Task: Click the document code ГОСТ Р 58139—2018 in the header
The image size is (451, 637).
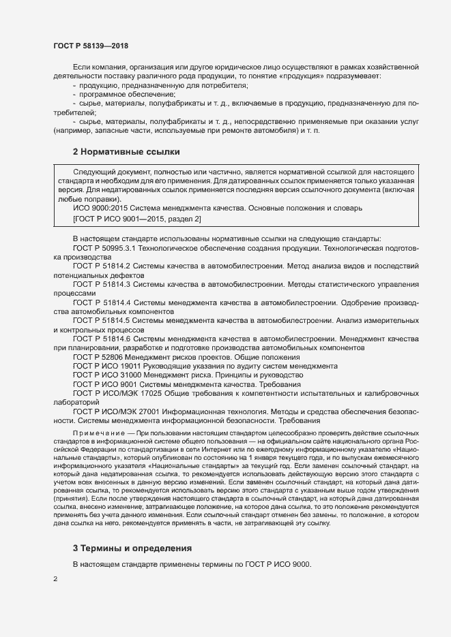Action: [90, 46]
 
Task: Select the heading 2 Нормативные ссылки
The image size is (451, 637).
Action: [126, 151]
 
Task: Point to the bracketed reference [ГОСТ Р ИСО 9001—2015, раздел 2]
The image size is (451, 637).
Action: [136, 219]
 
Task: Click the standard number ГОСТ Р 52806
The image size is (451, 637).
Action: [96, 356]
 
